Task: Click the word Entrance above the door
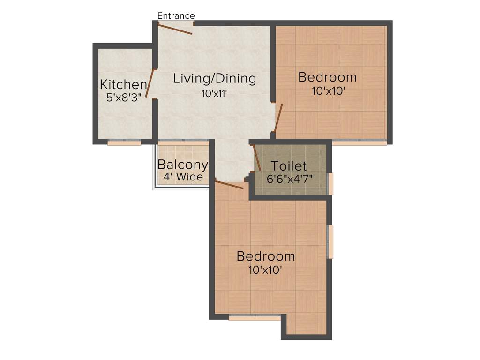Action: pos(176,16)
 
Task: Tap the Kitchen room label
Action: pos(123,85)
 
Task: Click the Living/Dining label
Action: pos(215,78)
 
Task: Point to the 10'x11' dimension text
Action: pos(215,93)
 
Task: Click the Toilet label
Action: pos(289,166)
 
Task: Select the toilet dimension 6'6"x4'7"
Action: pos(290,179)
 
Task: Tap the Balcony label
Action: pos(182,165)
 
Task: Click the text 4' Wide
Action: pos(183,177)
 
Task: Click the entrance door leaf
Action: pos(175,30)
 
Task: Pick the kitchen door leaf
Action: pos(150,83)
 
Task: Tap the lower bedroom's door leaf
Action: pos(229,184)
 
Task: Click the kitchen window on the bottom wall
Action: pos(124,142)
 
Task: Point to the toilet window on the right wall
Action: pos(330,183)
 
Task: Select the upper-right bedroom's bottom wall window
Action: pos(360,142)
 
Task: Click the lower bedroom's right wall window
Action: pos(330,241)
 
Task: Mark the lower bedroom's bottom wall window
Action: pos(255,318)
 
